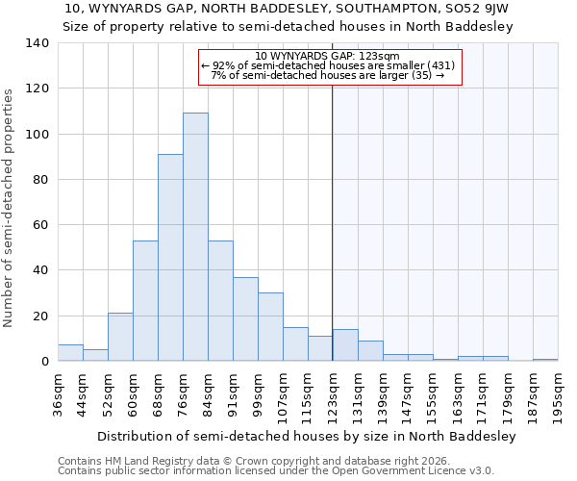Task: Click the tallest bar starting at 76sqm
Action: click(x=195, y=237)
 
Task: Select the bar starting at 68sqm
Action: click(x=170, y=258)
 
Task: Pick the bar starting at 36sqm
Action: click(x=70, y=353)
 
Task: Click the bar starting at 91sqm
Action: click(x=245, y=319)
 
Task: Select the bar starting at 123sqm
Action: click(x=345, y=345)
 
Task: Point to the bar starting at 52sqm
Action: click(x=120, y=337)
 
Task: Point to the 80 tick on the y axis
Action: click(x=40, y=180)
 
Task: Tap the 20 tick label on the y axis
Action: click(x=40, y=316)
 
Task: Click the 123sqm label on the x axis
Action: click(x=334, y=393)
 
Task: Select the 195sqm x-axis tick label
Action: click(x=559, y=393)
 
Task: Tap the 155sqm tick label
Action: click(x=434, y=393)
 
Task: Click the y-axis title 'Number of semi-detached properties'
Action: click(x=10, y=207)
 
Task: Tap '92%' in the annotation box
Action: click(x=224, y=65)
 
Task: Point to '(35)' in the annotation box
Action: click(x=420, y=75)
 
